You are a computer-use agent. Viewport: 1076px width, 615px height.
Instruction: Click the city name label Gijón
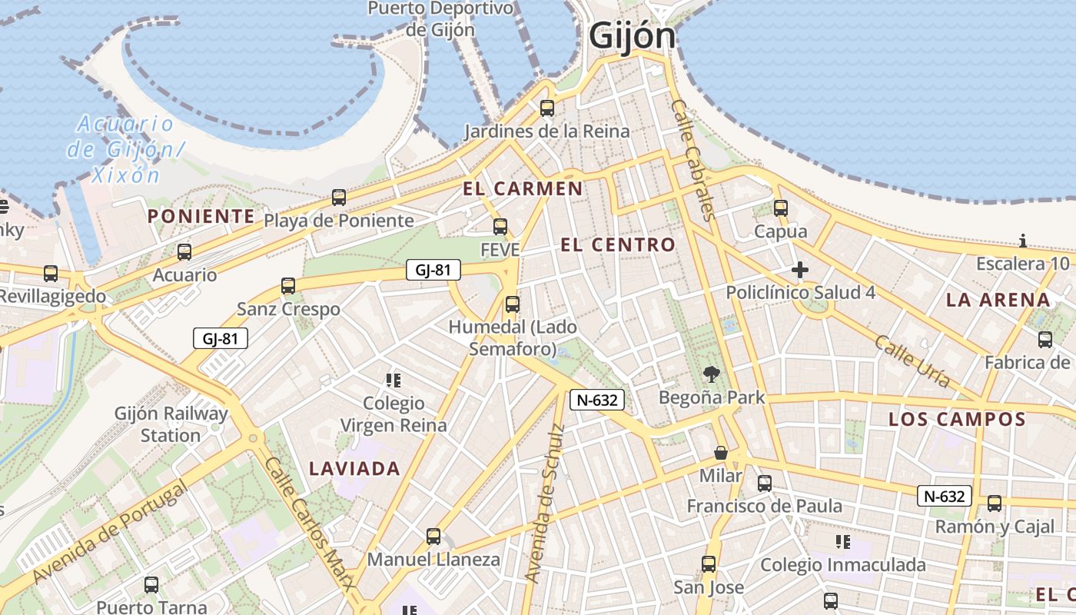pyautogui.click(x=632, y=36)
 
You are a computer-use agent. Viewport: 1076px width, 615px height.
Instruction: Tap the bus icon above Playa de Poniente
pyautogui.click(x=339, y=198)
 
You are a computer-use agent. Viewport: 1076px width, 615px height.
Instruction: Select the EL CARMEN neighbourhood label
pyautogui.click(x=523, y=188)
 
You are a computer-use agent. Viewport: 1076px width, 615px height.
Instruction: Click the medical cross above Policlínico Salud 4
pyautogui.click(x=800, y=270)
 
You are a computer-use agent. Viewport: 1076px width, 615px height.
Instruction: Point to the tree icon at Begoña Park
pyautogui.click(x=712, y=375)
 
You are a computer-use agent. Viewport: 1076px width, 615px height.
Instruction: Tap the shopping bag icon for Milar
pyautogui.click(x=721, y=453)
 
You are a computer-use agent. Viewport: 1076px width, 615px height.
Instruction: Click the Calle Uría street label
pyautogui.click(x=913, y=361)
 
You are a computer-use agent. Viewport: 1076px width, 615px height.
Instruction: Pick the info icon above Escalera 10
pyautogui.click(x=1022, y=241)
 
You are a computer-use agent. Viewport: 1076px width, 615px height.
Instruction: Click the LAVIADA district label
pyautogui.click(x=354, y=468)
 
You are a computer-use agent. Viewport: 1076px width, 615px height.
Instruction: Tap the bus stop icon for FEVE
pyautogui.click(x=500, y=227)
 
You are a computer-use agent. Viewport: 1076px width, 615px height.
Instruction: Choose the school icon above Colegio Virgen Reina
pyautogui.click(x=394, y=380)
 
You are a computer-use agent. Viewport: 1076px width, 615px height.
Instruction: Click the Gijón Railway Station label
pyautogui.click(x=171, y=424)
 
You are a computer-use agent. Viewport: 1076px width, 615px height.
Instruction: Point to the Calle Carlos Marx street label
pyautogui.click(x=311, y=523)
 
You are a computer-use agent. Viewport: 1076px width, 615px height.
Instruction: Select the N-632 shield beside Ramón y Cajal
pyautogui.click(x=944, y=497)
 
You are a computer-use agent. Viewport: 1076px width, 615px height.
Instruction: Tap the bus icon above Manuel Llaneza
pyautogui.click(x=433, y=537)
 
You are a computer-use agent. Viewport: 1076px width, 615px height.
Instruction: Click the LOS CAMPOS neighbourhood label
pyautogui.click(x=957, y=420)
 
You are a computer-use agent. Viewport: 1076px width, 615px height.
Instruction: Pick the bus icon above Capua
pyautogui.click(x=781, y=208)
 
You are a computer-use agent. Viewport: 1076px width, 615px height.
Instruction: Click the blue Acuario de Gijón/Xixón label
pyautogui.click(x=125, y=148)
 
